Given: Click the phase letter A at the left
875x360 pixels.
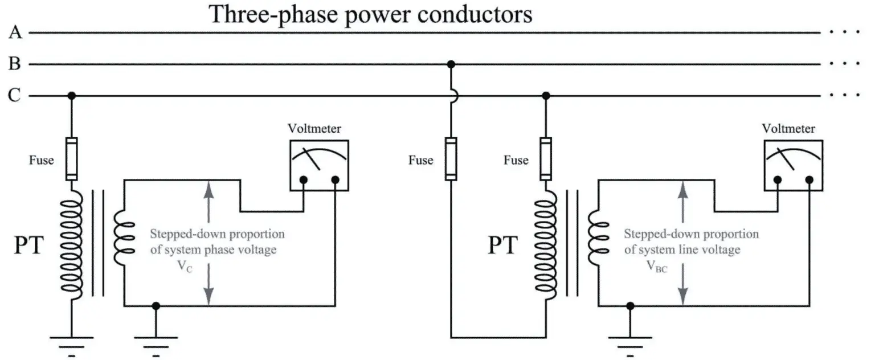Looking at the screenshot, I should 15,33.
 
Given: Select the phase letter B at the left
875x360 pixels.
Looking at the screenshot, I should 15,64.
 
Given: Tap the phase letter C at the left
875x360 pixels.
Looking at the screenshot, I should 15,96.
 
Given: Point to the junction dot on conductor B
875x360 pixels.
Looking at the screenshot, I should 451,64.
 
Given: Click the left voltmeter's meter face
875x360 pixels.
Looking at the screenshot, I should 318,165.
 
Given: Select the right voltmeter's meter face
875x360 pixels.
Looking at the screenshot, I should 792,165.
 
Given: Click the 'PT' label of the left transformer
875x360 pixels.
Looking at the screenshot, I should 28,247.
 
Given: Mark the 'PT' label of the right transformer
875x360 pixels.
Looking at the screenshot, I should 502,247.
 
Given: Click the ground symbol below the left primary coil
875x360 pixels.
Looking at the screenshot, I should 71,343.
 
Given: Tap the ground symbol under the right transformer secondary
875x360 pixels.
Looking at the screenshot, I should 630,343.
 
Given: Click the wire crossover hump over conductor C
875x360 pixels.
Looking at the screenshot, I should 451,96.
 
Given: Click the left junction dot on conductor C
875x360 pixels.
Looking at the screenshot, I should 71,96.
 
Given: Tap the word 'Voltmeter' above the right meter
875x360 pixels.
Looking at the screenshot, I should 788,129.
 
